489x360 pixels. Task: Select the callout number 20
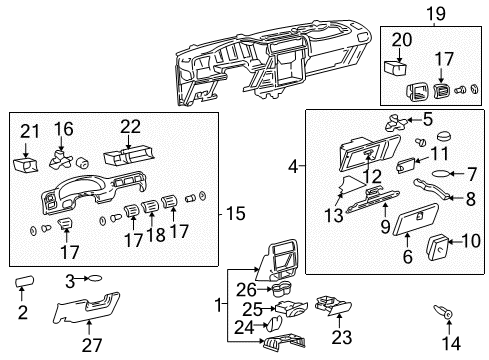click(400, 40)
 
